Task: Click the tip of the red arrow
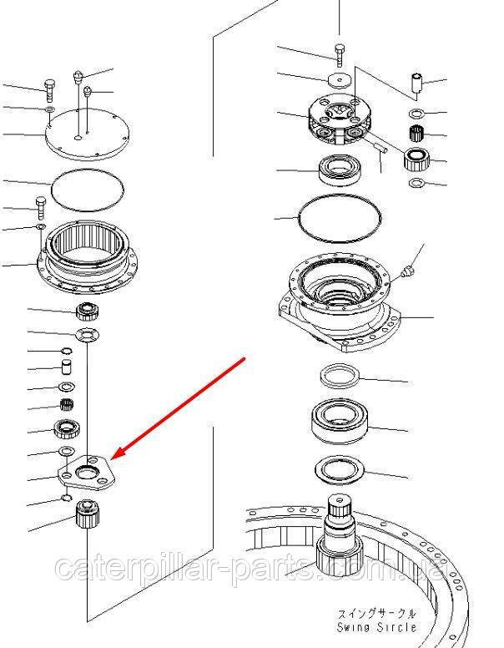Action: click(112, 458)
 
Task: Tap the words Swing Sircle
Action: click(377, 627)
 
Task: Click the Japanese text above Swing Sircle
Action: click(377, 614)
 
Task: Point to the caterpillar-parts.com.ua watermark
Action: click(251, 568)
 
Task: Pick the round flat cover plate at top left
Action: click(88, 134)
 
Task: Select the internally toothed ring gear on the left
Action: click(88, 257)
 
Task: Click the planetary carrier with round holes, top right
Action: click(340, 119)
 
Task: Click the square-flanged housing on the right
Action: click(340, 306)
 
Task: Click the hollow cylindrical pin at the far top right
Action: click(416, 84)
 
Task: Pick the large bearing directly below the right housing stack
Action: click(340, 421)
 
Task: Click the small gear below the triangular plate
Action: click(88, 514)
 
